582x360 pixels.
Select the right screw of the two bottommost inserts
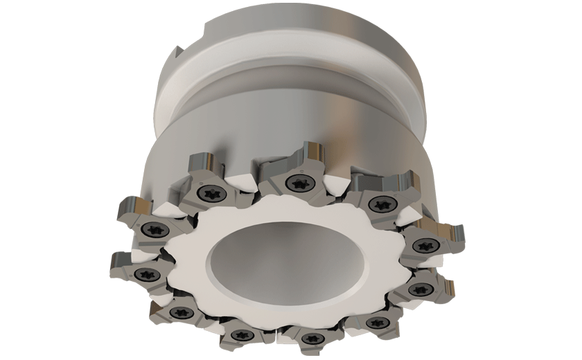[x=310, y=339]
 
